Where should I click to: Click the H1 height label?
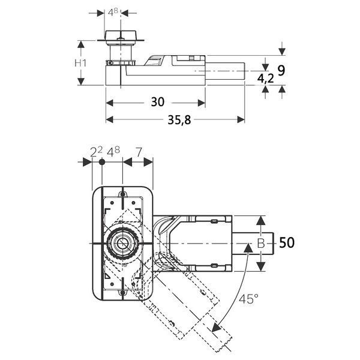pos(80,62)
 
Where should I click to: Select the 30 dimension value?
pos(157,102)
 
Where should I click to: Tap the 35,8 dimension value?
pos(179,119)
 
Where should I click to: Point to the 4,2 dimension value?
pos(265,79)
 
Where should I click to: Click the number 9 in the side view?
pos(281,70)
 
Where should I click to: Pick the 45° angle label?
pos(248,299)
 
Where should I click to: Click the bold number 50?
pos(287,242)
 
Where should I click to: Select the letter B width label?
pos(261,244)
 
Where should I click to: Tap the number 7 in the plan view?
pos(139,152)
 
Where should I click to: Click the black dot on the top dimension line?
pos(102,162)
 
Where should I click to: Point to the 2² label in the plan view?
pos(96,152)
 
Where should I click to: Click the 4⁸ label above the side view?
pos(113,12)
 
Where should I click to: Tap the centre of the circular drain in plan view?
pos(122,244)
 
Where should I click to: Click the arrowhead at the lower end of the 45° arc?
pos(216,328)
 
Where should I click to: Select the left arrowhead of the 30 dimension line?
pos(110,103)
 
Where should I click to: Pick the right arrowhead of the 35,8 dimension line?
pos(241,119)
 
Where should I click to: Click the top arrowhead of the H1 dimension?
pos(80,44)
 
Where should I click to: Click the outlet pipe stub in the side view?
pos(225,71)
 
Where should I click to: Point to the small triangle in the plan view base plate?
pos(107,276)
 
